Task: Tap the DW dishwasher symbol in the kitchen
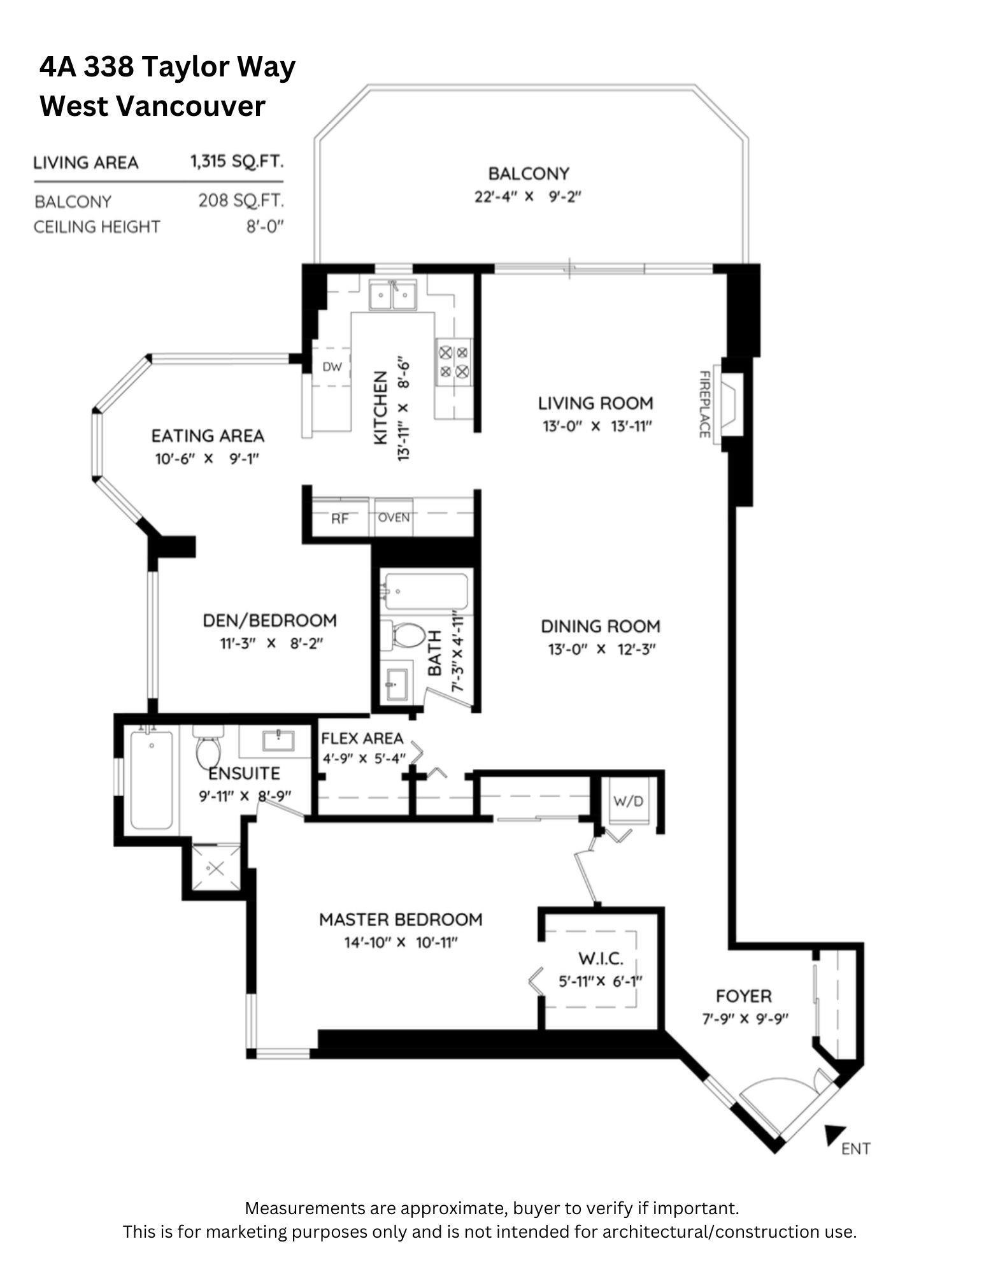tap(332, 367)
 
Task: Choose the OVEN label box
tap(394, 517)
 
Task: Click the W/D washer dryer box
tap(628, 801)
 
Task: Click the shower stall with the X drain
tap(217, 868)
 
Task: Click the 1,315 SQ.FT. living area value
tap(236, 161)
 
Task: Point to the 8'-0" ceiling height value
tap(265, 227)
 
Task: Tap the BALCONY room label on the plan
tap(528, 173)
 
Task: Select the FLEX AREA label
tap(362, 738)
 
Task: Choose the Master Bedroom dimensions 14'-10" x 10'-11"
tap(401, 942)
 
